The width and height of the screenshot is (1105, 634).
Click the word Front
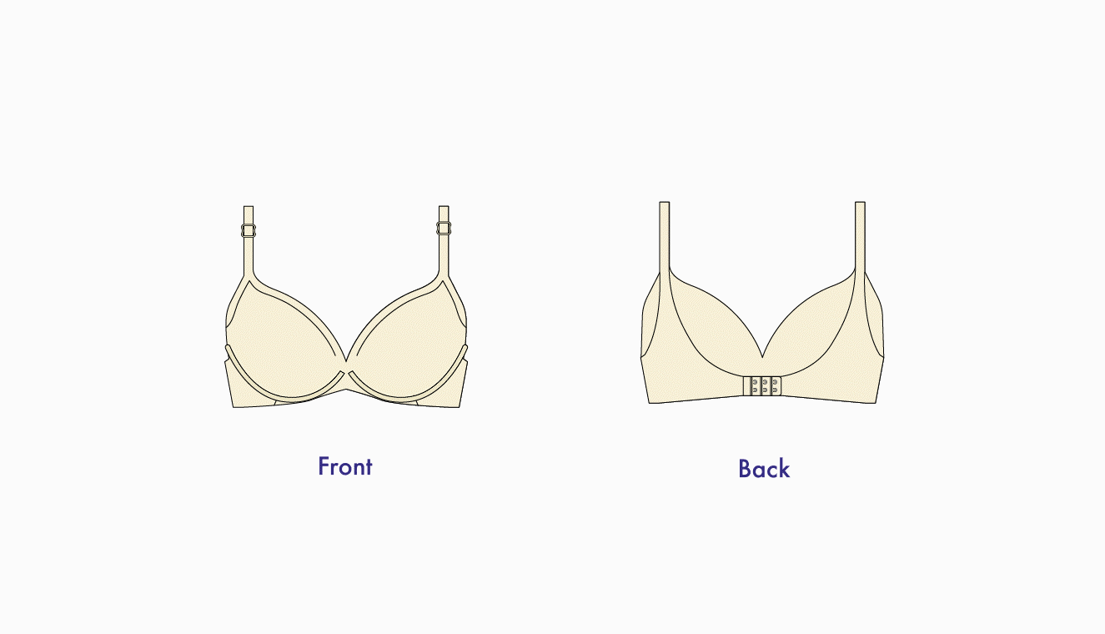[344, 466]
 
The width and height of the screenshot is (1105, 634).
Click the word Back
[764, 469]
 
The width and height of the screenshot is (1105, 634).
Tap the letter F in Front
[324, 466]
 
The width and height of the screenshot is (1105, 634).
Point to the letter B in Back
[745, 469]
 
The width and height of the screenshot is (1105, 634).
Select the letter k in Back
[785, 469]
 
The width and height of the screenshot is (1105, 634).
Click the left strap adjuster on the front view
[249, 230]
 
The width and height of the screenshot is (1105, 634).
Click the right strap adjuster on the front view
[444, 228]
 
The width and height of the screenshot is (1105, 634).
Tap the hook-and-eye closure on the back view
[762, 386]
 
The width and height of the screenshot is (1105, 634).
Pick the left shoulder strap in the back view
[665, 238]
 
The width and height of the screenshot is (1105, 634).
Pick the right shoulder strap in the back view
[861, 237]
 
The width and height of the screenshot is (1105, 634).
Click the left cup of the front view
[285, 340]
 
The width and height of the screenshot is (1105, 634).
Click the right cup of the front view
[408, 340]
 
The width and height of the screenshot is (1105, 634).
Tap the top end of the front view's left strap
[249, 206]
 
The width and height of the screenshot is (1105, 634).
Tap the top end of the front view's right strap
[444, 206]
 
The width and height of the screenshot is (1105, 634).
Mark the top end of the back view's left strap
[665, 202]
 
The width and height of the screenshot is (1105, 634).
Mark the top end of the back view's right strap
[861, 202]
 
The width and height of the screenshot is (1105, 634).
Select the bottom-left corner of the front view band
[233, 407]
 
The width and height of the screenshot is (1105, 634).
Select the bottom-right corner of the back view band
[876, 403]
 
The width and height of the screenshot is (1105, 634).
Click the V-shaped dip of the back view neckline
[762, 357]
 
